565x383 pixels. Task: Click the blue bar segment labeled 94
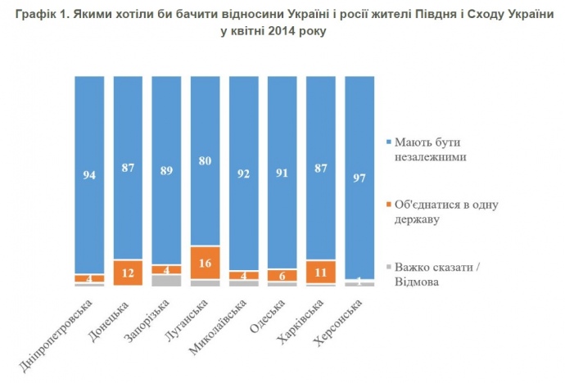pyautogui.click(x=89, y=174)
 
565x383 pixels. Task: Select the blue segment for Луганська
pyautogui.click(x=206, y=160)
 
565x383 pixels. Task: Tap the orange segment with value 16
pyautogui.click(x=206, y=263)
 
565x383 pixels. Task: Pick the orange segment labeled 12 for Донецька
pyautogui.click(x=128, y=272)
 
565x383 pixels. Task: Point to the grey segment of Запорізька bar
pyautogui.click(x=167, y=280)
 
